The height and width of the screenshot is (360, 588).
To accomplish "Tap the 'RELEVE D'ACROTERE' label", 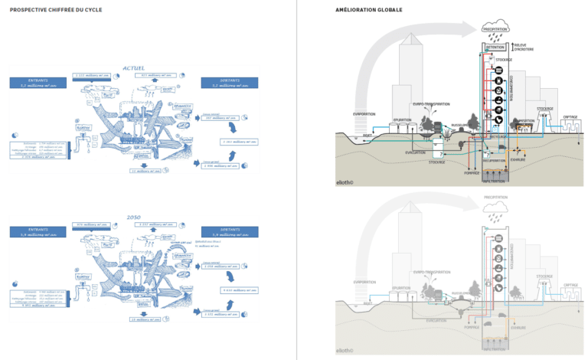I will (x=524, y=47).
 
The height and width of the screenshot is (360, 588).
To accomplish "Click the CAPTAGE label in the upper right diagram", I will (x=570, y=117).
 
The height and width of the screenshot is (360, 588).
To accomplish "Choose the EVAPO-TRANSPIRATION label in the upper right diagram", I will (x=428, y=103).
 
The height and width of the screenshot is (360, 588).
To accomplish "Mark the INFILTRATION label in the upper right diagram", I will (x=494, y=181).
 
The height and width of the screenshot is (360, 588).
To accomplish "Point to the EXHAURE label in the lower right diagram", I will (x=518, y=327).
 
